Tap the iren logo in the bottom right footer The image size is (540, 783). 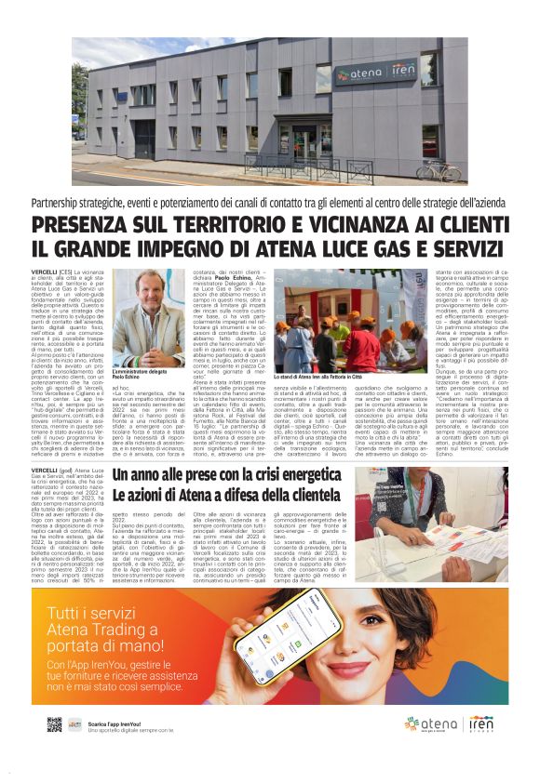tap(481, 723)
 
